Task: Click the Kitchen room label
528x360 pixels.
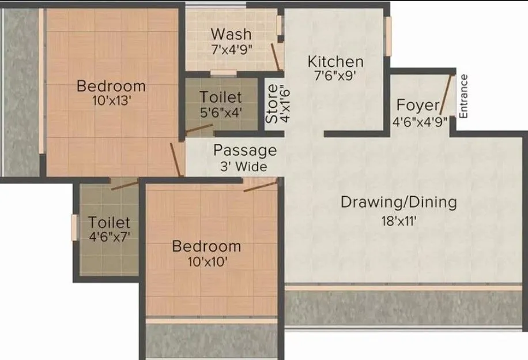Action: click(335, 61)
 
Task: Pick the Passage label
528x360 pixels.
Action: click(245, 151)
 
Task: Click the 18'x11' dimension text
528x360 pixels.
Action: click(399, 220)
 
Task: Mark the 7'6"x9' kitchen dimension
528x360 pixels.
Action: click(335, 78)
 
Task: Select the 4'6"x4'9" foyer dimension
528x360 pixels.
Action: click(420, 122)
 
